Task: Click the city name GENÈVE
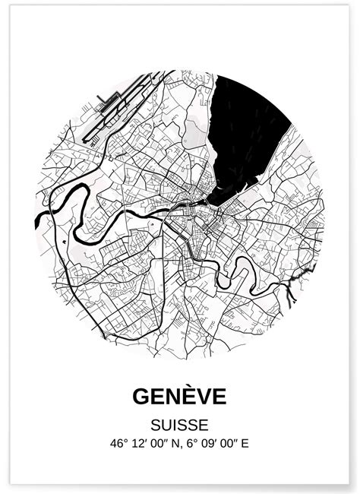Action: pyautogui.click(x=179, y=397)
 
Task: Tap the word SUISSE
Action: pyautogui.click(x=179, y=424)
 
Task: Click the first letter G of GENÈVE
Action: pyautogui.click(x=142, y=397)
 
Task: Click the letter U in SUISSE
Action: pyautogui.click(x=167, y=424)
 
